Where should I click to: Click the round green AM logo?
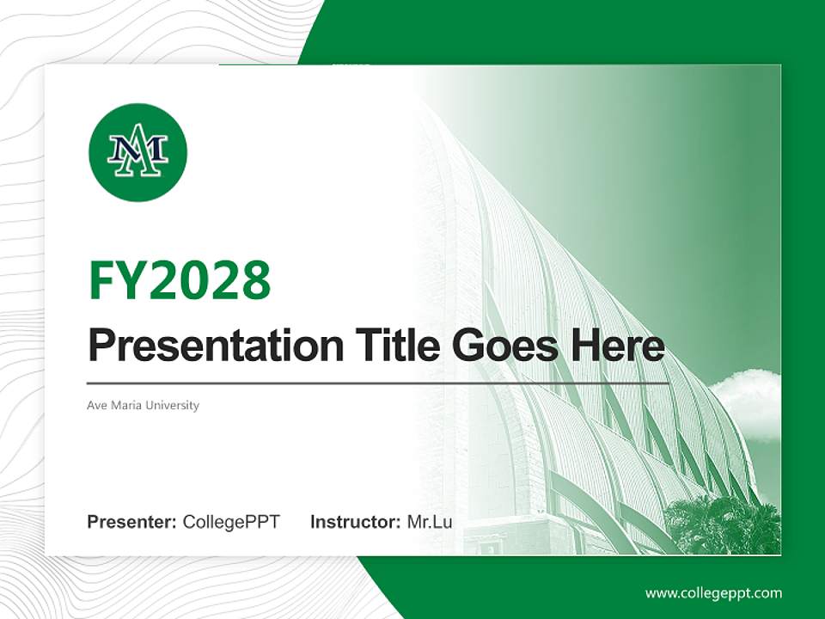click(x=137, y=152)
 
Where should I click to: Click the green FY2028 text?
click(x=180, y=280)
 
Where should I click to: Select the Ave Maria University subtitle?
click(x=143, y=405)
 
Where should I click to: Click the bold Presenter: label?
click(x=132, y=522)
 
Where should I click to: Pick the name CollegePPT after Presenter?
click(x=231, y=522)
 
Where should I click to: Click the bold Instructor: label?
click(x=355, y=522)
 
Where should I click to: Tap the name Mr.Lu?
click(x=430, y=522)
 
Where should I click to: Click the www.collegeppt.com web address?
click(x=713, y=593)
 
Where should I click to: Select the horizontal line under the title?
click(x=378, y=383)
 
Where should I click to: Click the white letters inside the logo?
click(x=137, y=153)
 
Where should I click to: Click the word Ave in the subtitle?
click(x=96, y=405)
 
